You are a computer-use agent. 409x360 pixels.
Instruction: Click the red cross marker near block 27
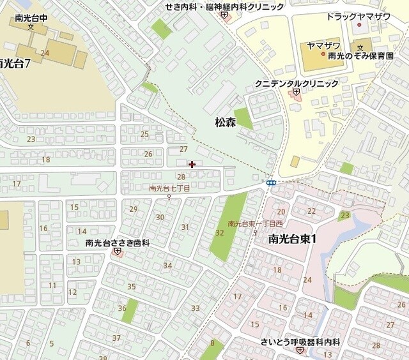(x=192, y=164)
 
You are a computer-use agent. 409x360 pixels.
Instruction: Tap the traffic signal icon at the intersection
(x=271, y=183)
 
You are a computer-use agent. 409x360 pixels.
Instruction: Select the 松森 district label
(x=225, y=123)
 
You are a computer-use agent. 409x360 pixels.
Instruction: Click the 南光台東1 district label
(x=293, y=239)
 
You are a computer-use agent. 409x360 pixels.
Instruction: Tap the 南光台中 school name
(x=30, y=18)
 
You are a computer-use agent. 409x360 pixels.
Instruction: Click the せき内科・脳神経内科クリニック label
(x=224, y=6)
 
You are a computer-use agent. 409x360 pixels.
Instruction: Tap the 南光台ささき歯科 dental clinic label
(x=117, y=243)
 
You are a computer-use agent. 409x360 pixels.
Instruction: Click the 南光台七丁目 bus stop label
(x=169, y=188)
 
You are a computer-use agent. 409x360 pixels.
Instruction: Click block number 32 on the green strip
(x=220, y=233)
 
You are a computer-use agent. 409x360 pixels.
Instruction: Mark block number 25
(x=144, y=134)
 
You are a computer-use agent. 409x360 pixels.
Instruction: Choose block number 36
(x=122, y=308)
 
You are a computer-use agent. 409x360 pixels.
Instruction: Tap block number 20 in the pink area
(x=281, y=211)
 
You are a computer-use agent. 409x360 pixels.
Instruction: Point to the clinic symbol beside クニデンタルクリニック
(x=296, y=93)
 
